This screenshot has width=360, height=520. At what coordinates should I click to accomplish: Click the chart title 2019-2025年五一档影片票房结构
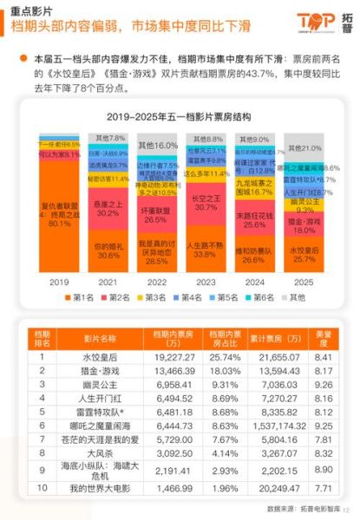pyautogui.click(x=179, y=115)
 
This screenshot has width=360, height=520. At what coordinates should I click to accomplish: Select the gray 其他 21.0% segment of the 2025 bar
pyautogui.click(x=304, y=148)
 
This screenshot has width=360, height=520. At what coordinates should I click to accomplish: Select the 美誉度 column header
pyautogui.click(x=323, y=339)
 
